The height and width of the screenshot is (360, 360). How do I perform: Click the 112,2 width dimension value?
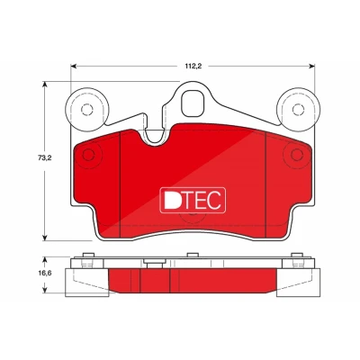[193, 67]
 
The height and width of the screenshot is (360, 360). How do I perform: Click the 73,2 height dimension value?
[45, 157]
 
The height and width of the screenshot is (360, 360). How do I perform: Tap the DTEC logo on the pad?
[193, 200]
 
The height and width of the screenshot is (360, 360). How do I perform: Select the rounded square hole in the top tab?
[193, 103]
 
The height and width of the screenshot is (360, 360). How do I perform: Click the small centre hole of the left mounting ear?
[87, 109]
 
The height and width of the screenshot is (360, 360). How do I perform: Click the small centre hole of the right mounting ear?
[298, 109]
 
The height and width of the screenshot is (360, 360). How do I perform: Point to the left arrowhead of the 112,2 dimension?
[74, 67]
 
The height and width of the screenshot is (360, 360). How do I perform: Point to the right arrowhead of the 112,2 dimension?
[311, 67]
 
